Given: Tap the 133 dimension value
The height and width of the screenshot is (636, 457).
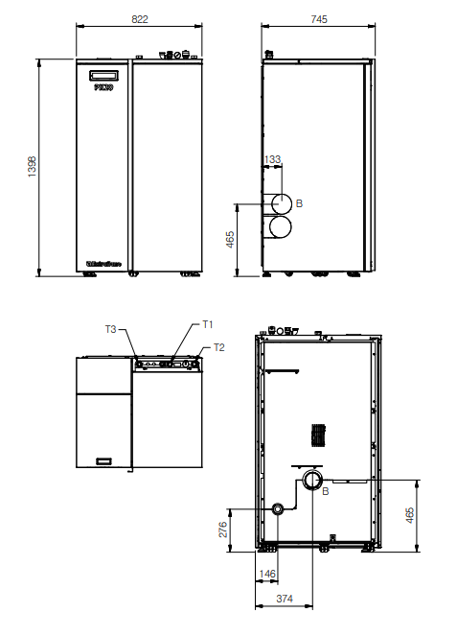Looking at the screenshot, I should [272, 159].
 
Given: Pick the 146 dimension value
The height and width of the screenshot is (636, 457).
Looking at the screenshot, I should [267, 575].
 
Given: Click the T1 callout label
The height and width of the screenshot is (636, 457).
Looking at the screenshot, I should [206, 324].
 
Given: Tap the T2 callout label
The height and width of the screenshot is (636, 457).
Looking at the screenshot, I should [218, 346].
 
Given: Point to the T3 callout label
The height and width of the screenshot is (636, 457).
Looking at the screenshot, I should [111, 329].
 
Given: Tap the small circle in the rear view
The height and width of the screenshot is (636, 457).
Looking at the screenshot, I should [278, 508].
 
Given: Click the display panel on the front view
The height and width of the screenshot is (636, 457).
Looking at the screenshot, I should [103, 76].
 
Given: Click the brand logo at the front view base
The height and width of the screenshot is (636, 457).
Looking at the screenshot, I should [103, 257].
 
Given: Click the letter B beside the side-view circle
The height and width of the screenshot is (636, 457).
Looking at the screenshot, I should [299, 203].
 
